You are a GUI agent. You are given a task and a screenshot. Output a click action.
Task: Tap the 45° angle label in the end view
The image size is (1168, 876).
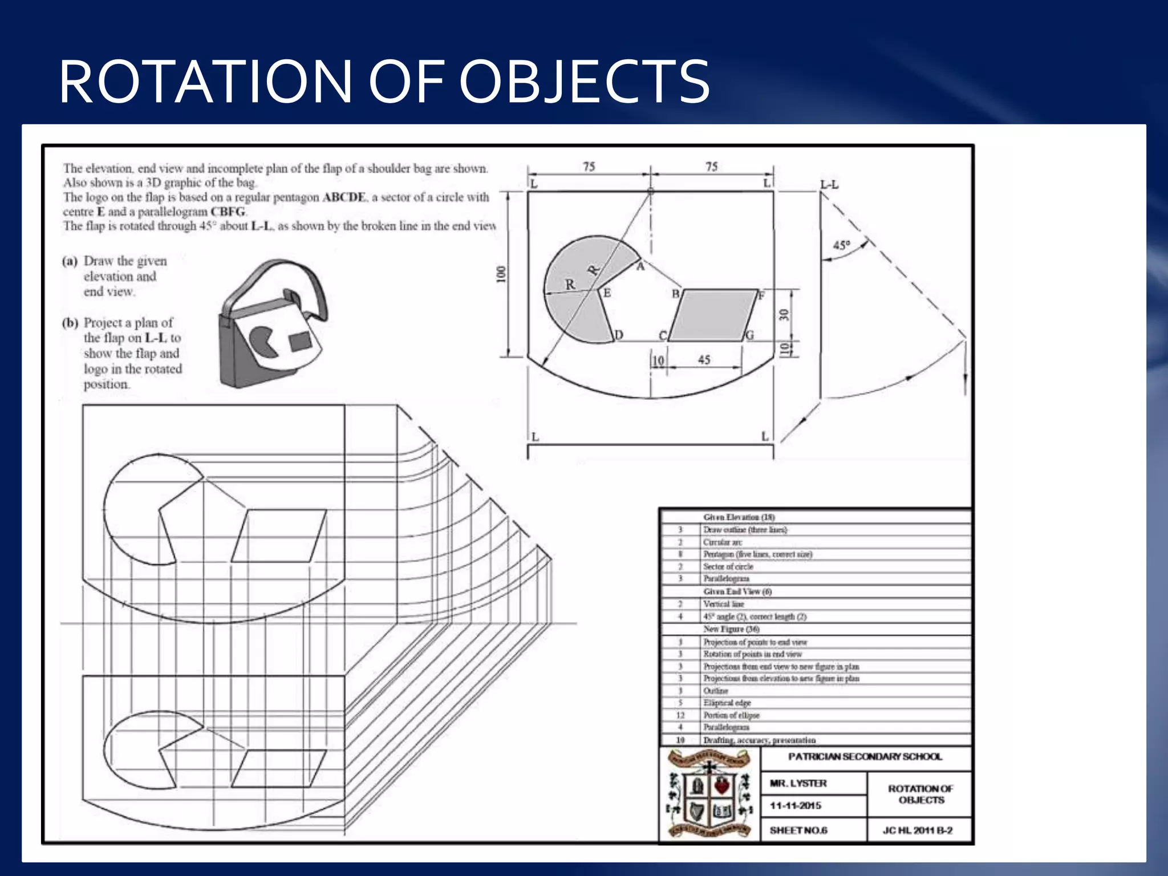click(842, 245)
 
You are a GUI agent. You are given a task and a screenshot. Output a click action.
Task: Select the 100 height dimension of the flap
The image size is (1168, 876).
click(501, 274)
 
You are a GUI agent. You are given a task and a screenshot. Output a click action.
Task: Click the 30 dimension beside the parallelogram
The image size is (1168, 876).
click(785, 314)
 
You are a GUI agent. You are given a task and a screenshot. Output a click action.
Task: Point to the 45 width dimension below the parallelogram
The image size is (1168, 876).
click(704, 360)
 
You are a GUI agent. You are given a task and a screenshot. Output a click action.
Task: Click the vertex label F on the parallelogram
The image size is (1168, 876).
click(761, 295)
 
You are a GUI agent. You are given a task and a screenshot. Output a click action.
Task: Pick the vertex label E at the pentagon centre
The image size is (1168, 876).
click(607, 293)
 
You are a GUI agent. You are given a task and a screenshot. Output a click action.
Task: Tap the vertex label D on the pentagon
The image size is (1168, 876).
click(619, 335)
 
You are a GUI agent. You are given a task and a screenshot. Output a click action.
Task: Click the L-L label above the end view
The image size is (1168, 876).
click(829, 185)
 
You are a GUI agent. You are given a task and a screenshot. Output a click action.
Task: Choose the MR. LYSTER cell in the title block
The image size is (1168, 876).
click(798, 784)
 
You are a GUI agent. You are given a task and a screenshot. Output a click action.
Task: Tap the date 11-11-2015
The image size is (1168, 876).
click(796, 806)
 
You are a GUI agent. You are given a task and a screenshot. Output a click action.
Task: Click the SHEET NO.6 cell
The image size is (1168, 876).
click(798, 830)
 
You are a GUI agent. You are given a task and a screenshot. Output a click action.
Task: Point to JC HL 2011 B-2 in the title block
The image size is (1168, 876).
click(918, 830)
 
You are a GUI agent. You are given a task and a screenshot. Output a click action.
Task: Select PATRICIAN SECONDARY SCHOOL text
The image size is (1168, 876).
click(865, 757)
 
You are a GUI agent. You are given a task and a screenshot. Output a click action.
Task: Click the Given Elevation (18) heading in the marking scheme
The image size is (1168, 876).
click(739, 517)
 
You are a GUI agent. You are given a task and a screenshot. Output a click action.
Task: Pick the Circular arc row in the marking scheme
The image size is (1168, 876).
click(723, 542)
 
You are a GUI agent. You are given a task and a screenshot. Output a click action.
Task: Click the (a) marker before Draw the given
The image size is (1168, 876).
click(70, 261)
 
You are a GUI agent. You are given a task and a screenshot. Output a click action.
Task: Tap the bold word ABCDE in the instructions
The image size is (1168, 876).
click(344, 197)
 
